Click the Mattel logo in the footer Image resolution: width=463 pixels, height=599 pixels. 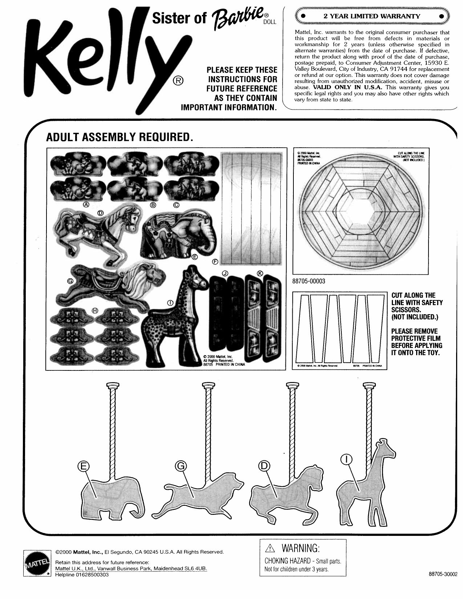click(36, 563)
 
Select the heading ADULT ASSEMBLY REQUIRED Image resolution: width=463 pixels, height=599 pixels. click(118, 137)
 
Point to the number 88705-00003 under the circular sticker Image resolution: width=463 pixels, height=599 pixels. click(309, 281)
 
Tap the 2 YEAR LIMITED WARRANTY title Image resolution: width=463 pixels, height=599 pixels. click(372, 16)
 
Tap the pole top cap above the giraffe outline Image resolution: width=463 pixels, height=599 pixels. click(369, 385)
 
